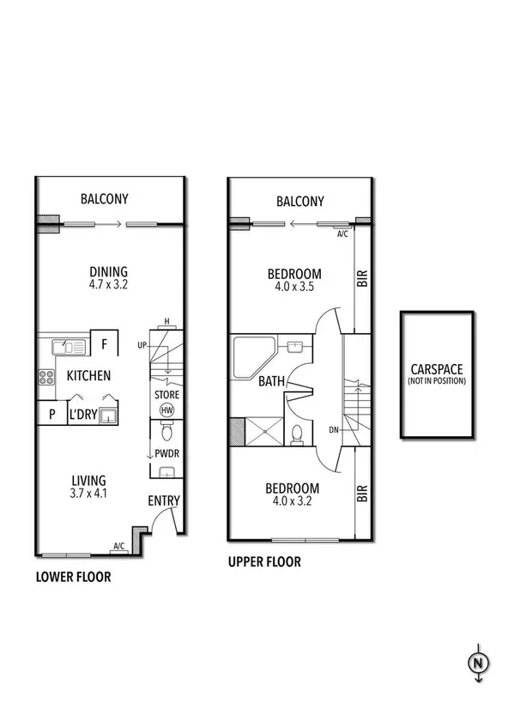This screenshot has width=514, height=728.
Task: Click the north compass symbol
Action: click(478, 663)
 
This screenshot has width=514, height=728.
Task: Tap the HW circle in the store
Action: click(166, 410)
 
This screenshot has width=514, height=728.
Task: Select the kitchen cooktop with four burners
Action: click(46, 377)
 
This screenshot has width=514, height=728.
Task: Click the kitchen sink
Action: click(68, 347)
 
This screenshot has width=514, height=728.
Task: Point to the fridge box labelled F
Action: click(105, 343)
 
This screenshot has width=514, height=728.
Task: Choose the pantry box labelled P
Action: click(52, 413)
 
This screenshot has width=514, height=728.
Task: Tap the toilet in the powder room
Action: click(166, 432)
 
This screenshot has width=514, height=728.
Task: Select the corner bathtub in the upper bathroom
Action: click(254, 357)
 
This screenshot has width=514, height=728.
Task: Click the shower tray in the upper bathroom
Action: click(264, 431)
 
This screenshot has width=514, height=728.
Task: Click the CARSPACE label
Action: click(437, 369)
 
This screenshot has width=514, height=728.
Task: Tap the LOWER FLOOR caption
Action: click(73, 577)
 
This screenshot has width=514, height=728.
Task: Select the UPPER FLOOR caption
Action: click(264, 561)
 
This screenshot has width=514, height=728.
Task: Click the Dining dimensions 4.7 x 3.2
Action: click(108, 285)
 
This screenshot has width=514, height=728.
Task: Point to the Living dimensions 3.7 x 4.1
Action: click(88, 493)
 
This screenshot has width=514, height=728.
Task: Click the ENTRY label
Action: click(164, 500)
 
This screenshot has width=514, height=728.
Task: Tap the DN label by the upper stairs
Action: click(334, 430)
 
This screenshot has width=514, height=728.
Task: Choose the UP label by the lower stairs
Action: click(142, 345)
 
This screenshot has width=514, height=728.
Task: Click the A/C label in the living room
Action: click(119, 546)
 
